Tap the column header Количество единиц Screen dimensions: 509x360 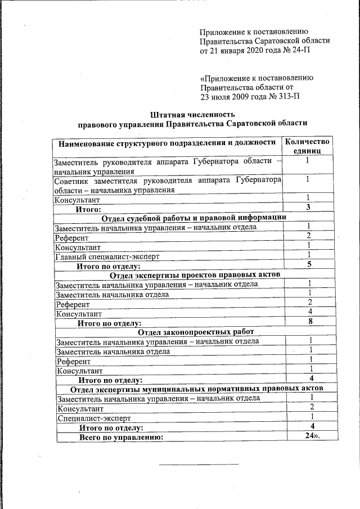click(307, 146)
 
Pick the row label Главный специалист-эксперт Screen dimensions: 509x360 click(107, 256)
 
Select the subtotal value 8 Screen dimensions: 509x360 click(310, 322)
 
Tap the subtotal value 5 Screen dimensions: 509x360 click(309, 264)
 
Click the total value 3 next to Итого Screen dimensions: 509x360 click(308, 208)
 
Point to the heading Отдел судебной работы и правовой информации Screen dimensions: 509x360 click(193, 218)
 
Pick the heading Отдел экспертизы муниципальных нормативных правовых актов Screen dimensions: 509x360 click(196, 389)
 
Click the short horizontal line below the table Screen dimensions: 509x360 click(199, 464)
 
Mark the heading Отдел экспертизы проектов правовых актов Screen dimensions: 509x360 click(195, 274)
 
